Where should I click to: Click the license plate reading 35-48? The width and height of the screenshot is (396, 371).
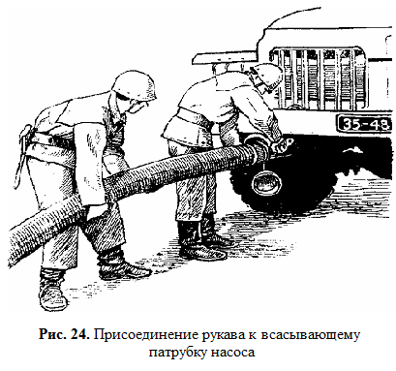click(x=364, y=124)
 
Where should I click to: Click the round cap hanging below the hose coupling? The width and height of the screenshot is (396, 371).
click(x=266, y=184)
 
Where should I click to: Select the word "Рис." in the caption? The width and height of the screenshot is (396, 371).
click(x=51, y=335)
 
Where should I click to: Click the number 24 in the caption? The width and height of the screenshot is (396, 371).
click(x=79, y=335)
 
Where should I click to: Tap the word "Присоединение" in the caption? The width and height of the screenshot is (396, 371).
click(x=146, y=335)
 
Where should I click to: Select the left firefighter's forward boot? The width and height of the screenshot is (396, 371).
click(x=123, y=265)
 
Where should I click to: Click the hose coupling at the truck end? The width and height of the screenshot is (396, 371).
click(x=259, y=149)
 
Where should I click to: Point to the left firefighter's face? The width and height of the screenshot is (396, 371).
click(x=137, y=104)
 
